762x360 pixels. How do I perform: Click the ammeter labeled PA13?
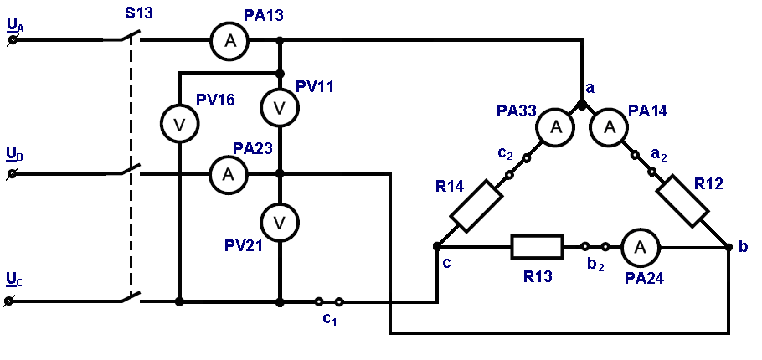(x=229, y=41)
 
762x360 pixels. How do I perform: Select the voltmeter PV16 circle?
(x=180, y=125)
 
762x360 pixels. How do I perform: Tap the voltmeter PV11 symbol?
(x=280, y=108)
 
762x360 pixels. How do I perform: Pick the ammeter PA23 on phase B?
(x=229, y=174)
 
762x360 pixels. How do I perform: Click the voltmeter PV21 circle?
(x=280, y=223)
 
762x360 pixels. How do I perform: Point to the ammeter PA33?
(x=555, y=126)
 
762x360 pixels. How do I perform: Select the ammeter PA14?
(x=609, y=126)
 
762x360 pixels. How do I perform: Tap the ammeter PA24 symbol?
(x=640, y=247)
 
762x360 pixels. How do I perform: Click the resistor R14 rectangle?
(x=476, y=205)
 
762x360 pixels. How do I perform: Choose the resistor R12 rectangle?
(x=682, y=201)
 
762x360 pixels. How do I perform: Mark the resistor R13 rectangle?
(x=537, y=247)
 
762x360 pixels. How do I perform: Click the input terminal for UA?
(x=13, y=40)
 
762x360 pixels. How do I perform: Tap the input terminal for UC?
(x=8, y=302)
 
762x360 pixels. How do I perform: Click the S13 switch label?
(x=138, y=13)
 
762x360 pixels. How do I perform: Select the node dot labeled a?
(x=582, y=105)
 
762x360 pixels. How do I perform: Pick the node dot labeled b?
(x=729, y=247)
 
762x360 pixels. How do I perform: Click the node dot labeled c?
(x=437, y=247)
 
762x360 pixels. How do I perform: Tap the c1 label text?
(x=330, y=319)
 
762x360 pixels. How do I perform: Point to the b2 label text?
(x=595, y=265)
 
